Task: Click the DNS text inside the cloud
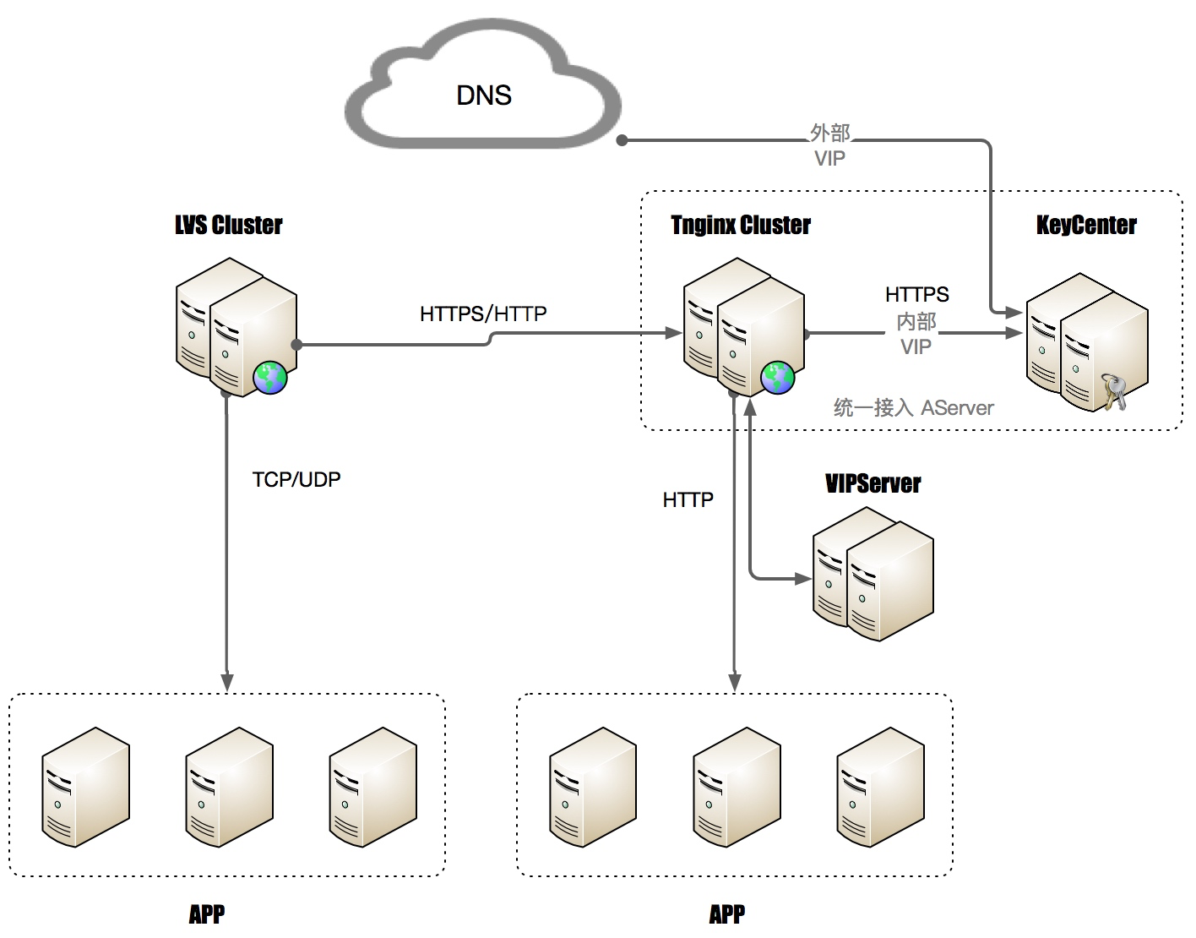click(x=484, y=95)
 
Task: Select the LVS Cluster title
click(x=229, y=225)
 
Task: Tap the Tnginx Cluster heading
click(x=741, y=225)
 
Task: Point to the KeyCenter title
click(x=1086, y=225)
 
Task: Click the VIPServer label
click(x=873, y=483)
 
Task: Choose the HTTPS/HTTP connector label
click(x=483, y=314)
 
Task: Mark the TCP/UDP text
click(x=296, y=479)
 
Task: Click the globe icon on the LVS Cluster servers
click(x=270, y=377)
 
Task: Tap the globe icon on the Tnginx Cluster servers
click(x=777, y=377)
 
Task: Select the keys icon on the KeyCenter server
click(x=1114, y=392)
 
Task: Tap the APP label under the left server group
click(x=207, y=913)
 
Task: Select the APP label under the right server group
click(x=727, y=913)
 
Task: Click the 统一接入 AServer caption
click(x=913, y=408)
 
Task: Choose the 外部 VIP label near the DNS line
click(x=829, y=145)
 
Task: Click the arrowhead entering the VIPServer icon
click(x=803, y=579)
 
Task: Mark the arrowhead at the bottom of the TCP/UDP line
click(x=226, y=682)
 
